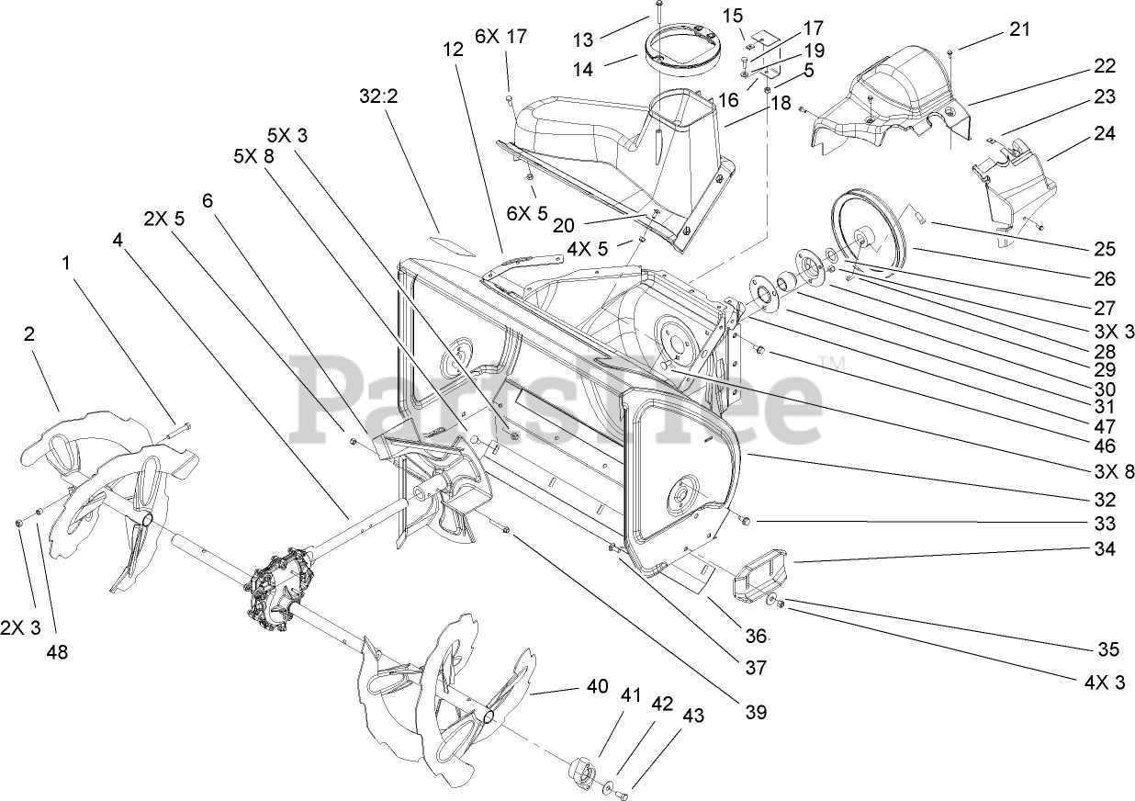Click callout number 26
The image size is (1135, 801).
[1105, 279]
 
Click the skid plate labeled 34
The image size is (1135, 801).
[761, 575]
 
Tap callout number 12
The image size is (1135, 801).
[452, 51]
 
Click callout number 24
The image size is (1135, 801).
[1105, 133]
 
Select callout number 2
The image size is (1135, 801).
[29, 334]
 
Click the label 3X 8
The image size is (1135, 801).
[1105, 472]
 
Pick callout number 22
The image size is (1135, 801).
[1105, 66]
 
